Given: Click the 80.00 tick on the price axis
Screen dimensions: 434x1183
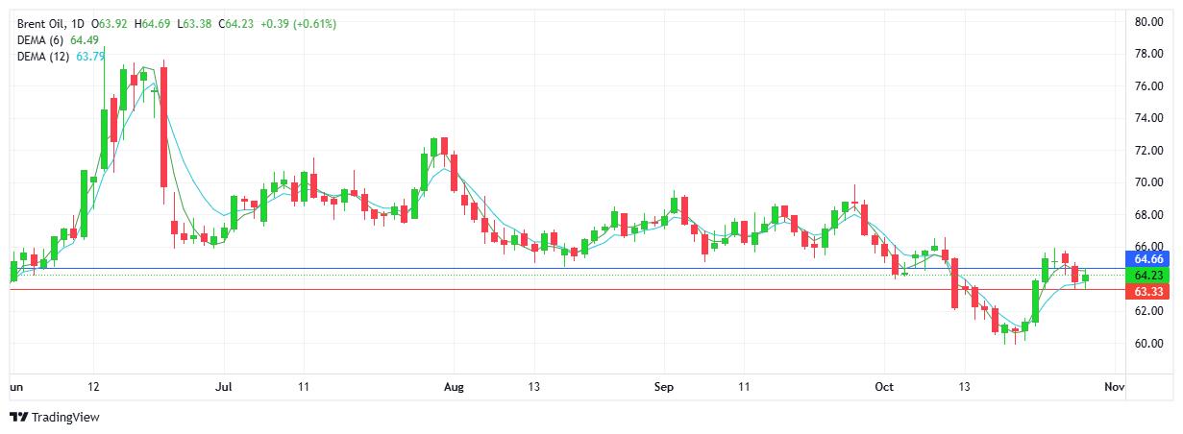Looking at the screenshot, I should (1149, 21).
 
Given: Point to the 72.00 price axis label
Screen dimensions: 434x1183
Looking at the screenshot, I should (1149, 150).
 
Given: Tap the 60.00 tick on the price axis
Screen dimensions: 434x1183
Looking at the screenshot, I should (1149, 343).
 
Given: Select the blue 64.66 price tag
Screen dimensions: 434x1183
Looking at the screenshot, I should (1149, 259).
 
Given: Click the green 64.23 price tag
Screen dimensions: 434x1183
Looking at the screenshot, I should (1149, 275).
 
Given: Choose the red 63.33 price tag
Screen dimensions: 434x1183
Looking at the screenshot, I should (1149, 291).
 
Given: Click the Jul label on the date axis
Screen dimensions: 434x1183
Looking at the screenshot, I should (224, 387).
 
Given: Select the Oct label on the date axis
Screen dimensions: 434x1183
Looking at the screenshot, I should (885, 387).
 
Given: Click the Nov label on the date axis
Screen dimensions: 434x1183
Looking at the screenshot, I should (1114, 387).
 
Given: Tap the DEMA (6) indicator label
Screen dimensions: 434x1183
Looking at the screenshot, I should (41, 39).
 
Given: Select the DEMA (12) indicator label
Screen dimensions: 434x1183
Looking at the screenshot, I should (44, 56).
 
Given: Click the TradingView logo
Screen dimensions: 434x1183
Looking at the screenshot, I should (55, 417).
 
